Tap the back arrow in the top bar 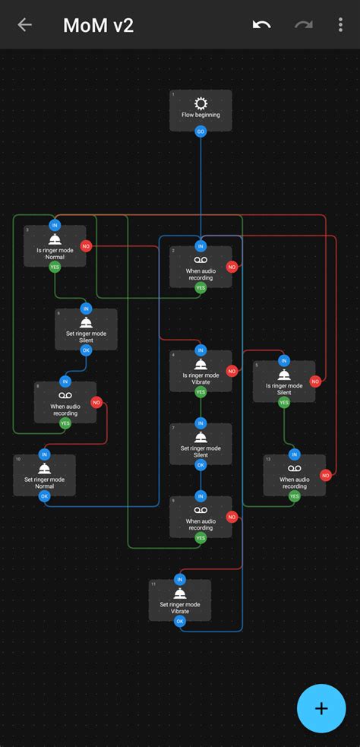tap(24, 25)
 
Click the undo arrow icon tap(262, 25)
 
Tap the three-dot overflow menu tap(340, 25)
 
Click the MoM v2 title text tap(99, 26)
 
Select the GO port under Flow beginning tap(201, 131)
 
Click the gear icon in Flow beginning tap(201, 103)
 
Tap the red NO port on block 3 tap(86, 246)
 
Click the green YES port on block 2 tap(201, 288)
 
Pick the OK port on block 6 tap(86, 350)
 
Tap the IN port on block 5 tap(284, 360)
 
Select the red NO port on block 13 tap(326, 476)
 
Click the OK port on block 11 tap(180, 621)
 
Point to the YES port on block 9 tap(201, 537)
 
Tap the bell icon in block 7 tap(201, 437)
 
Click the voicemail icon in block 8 tap(65, 396)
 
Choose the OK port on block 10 tap(44, 496)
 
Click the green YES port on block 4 tap(201, 392)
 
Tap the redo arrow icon tap(304, 25)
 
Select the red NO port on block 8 tap(96, 402)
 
